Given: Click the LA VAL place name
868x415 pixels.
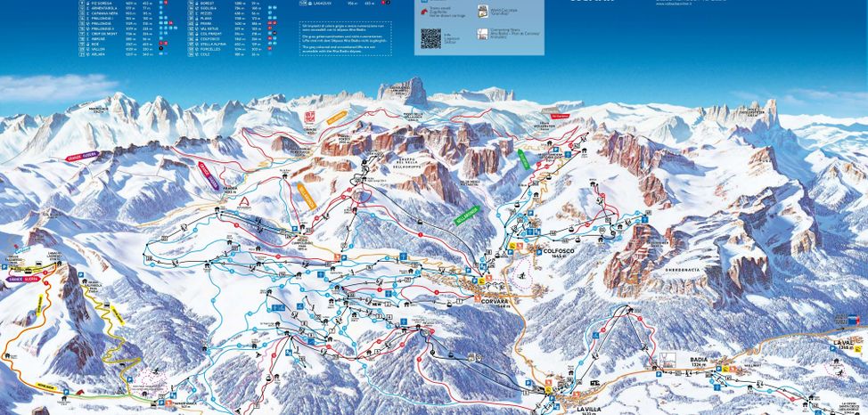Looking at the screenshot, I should coord(843,341).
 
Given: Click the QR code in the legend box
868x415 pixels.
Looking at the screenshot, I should coord(430,38).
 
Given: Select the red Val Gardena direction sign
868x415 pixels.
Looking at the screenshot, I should coord(559,115).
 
